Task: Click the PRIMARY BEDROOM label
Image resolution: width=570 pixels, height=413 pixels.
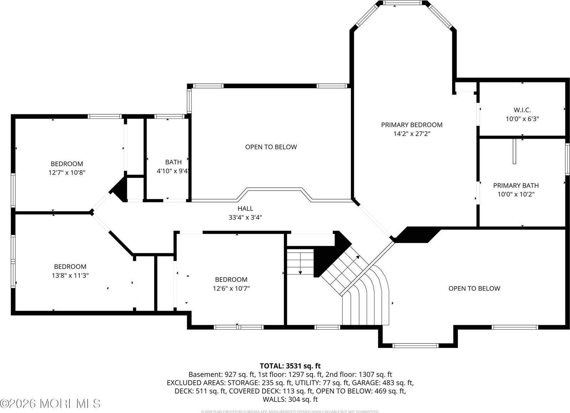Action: (x=411, y=125)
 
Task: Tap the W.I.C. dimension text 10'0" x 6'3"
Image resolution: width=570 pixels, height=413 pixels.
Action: (x=522, y=119)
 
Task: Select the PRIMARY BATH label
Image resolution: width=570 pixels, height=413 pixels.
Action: (x=515, y=185)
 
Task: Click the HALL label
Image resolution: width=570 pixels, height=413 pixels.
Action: (x=245, y=209)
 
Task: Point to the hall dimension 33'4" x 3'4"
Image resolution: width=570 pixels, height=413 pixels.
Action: (x=245, y=218)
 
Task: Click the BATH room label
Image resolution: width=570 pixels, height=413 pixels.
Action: (x=173, y=162)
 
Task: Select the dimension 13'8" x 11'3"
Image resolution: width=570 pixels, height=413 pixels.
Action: (x=70, y=275)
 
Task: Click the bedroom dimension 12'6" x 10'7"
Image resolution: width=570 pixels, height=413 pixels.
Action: (x=231, y=289)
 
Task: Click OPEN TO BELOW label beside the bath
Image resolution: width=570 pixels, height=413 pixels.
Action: (x=271, y=147)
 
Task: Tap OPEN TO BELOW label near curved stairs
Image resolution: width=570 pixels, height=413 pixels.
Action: (x=474, y=289)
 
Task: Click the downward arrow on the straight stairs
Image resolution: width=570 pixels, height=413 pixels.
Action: (x=300, y=272)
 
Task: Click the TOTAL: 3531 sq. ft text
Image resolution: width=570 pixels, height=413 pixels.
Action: (x=290, y=366)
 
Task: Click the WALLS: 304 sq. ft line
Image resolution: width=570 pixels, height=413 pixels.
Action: (x=290, y=399)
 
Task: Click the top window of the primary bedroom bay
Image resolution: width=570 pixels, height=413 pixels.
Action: (x=402, y=3)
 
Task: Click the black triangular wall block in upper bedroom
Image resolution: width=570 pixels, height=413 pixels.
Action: (x=120, y=188)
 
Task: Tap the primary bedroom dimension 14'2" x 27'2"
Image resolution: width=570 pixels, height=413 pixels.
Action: (x=411, y=134)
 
